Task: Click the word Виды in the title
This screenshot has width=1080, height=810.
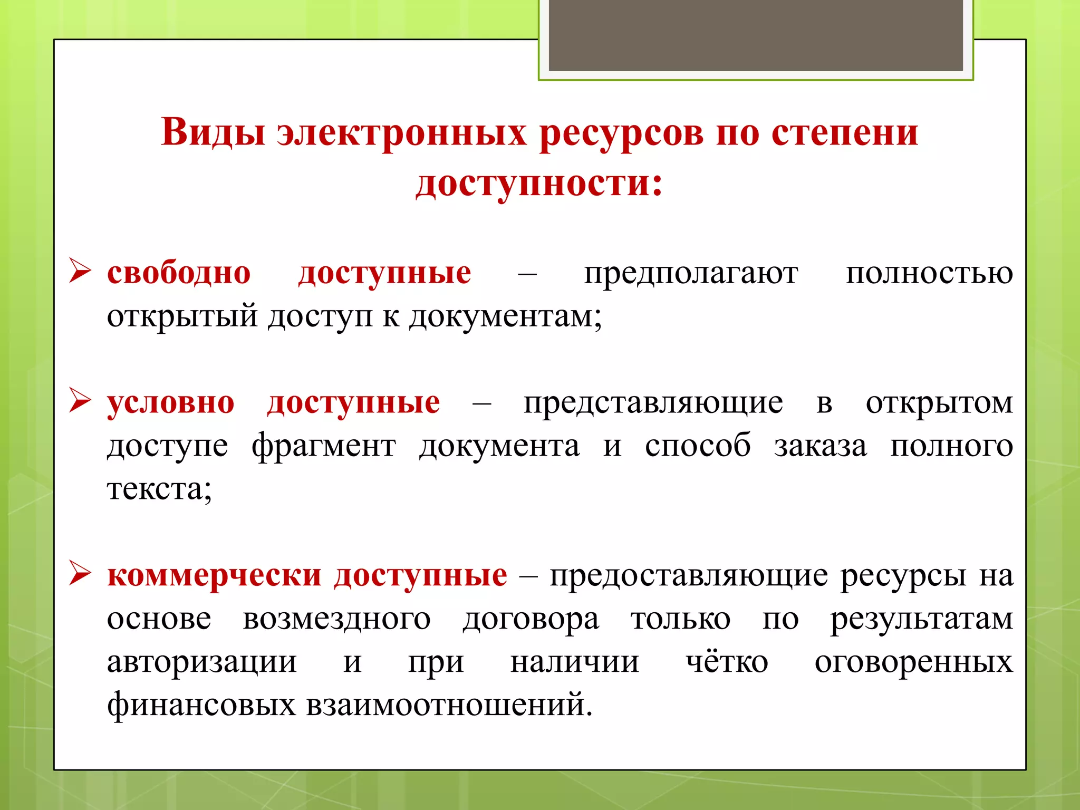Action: click(213, 132)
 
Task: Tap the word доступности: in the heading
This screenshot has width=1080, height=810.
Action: click(539, 184)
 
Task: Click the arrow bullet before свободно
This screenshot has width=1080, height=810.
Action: click(80, 272)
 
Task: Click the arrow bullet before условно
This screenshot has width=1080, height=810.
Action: click(80, 401)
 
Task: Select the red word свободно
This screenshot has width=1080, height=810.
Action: click(179, 273)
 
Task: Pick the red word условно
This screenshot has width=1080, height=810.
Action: click(171, 403)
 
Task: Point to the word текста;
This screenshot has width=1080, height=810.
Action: click(159, 489)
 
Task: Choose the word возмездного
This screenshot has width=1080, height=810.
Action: click(336, 619)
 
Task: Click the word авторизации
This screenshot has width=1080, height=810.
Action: click(202, 662)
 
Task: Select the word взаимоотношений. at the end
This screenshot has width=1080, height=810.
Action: click(449, 705)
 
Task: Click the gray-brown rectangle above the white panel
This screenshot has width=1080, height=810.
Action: click(755, 35)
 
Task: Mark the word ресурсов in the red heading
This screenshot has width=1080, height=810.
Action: click(621, 132)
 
